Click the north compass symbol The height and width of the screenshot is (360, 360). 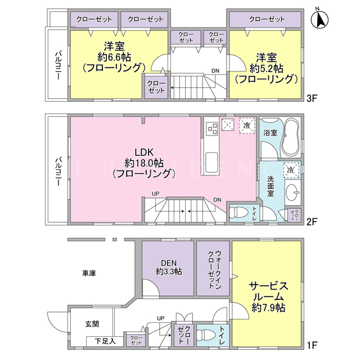pos(319,19)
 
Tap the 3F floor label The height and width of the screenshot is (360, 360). pos(312,98)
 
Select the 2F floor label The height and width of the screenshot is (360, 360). pos(312,222)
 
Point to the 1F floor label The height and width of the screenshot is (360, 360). pos(312,345)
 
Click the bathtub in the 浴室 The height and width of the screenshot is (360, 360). pos(291,137)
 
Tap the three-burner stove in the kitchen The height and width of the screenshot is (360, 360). pos(211,129)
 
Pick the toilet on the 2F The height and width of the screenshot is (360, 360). pos(238,212)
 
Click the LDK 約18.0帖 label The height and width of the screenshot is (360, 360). pos(144,163)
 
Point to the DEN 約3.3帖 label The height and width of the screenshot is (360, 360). pos(169,267)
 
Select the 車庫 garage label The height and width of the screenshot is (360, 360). pos(89,273)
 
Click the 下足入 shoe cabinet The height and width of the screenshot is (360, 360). pos(105,341)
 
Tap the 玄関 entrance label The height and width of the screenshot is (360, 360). pos(92,324)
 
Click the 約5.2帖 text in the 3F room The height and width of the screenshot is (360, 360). pos(266,68)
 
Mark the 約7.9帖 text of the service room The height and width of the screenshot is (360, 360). pos(268,308)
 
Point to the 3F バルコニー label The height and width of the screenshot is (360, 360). pos(57,66)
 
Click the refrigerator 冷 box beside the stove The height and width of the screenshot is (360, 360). pos(247,125)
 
